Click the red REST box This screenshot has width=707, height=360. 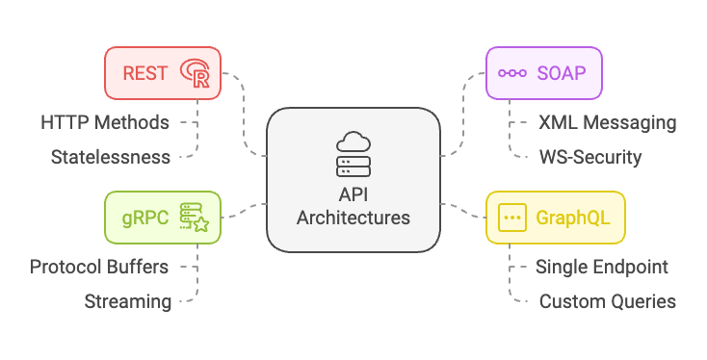(163, 73)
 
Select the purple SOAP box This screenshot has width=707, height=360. (544, 73)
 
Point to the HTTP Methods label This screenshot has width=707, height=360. (105, 122)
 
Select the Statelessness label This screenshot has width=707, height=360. (111, 156)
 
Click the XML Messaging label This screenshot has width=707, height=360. (607, 122)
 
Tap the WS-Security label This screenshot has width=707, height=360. (589, 156)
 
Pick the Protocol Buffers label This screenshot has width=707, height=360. (99, 267)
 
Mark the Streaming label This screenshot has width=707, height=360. (128, 301)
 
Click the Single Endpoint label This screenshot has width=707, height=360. (602, 267)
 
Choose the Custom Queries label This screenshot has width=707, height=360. (607, 301)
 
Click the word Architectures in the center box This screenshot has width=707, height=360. (353, 218)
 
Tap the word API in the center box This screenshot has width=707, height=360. (353, 195)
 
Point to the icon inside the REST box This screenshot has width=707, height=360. (196, 73)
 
